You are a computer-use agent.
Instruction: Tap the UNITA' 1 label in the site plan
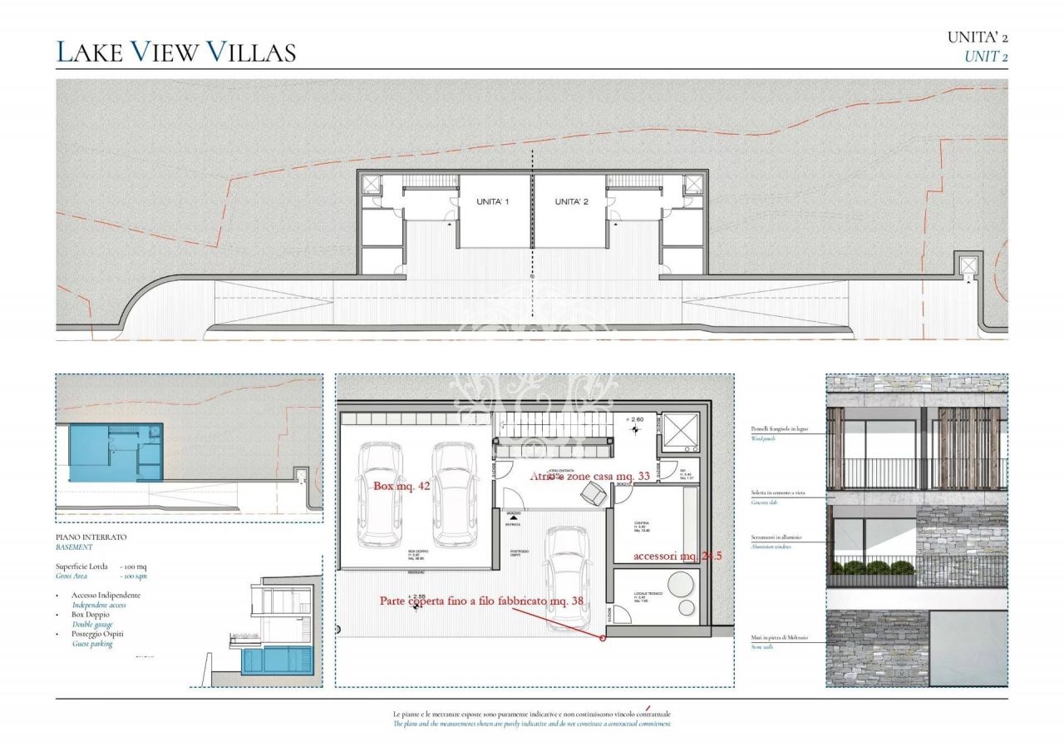pyautogui.click(x=492, y=202)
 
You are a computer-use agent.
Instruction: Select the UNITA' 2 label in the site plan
pyautogui.click(x=571, y=202)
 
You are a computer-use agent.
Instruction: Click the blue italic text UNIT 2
pyautogui.click(x=986, y=57)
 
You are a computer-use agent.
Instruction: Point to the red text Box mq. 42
pyautogui.click(x=401, y=486)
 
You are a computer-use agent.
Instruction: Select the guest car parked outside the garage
pyautogui.click(x=567, y=576)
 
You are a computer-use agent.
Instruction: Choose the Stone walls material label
pyautogui.click(x=761, y=646)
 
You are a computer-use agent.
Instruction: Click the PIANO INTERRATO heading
pyautogui.click(x=91, y=538)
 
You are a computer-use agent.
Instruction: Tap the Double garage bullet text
pyautogui.click(x=92, y=624)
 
